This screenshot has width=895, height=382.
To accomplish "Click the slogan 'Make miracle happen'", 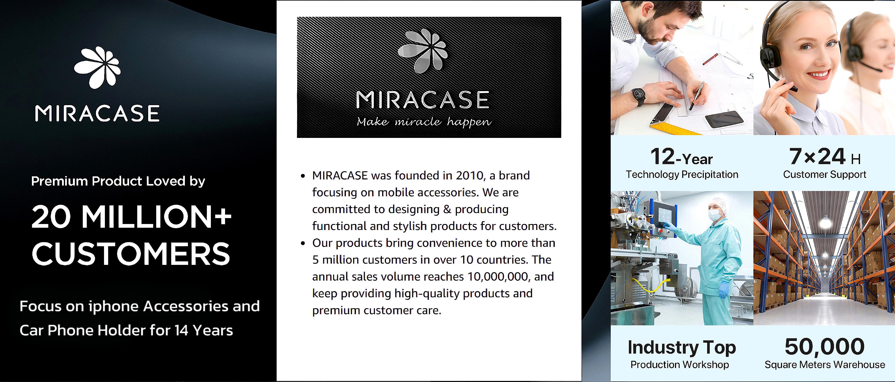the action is coord(424,122).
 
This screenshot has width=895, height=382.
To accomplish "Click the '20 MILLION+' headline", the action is coord(131,217).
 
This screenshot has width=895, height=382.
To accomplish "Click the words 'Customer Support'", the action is coord(824,174).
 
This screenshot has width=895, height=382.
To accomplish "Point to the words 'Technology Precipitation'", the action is coord(682,174).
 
